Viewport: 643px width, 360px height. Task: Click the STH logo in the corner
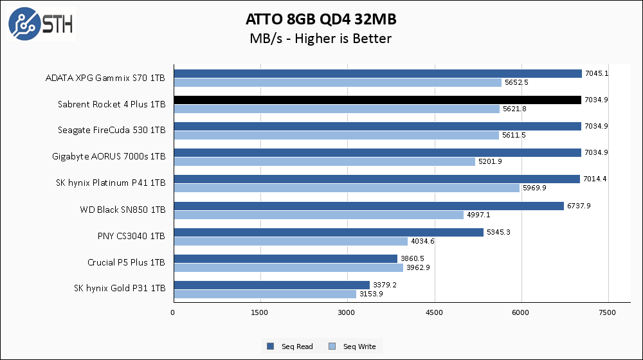click(41, 24)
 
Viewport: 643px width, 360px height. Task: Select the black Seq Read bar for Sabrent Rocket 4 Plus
click(377, 100)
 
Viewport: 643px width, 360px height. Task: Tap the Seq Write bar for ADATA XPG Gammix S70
click(338, 82)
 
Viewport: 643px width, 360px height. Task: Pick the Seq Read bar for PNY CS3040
click(328, 232)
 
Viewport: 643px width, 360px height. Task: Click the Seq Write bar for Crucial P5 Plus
click(288, 267)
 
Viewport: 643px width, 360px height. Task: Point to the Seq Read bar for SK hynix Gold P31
click(271, 285)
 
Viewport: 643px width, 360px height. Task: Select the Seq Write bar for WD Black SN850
click(318, 215)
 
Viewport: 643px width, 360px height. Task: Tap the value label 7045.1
click(595, 73)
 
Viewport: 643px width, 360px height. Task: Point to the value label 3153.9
click(370, 294)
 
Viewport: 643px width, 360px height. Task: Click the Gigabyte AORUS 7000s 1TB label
click(109, 157)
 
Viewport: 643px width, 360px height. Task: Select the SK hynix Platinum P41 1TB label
click(111, 183)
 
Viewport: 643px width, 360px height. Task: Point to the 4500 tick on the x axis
click(435, 312)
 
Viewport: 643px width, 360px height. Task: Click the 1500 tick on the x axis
click(260, 312)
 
